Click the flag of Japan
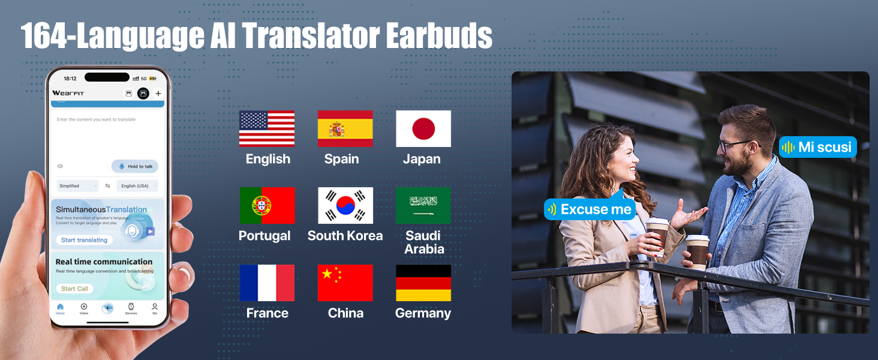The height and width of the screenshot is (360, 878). pos(423,128)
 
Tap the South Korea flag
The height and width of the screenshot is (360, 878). pos(345,205)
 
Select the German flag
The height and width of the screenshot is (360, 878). pos(423,283)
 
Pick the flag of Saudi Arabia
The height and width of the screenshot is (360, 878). pos(423,205)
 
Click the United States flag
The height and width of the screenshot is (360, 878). pos(267,128)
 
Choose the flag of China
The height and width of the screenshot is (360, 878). pos(345,283)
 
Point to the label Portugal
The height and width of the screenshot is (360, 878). pos(264,236)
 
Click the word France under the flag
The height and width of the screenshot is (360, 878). pos(267,313)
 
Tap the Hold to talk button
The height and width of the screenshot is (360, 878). pos(135,166)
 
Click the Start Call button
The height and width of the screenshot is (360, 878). pos(75,289)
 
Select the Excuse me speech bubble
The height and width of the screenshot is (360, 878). pos(590,209)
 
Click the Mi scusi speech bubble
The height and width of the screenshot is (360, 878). pos(818,147)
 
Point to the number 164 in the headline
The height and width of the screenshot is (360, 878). pos(46,37)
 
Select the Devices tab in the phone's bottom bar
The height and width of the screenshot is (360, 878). pos(131,308)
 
